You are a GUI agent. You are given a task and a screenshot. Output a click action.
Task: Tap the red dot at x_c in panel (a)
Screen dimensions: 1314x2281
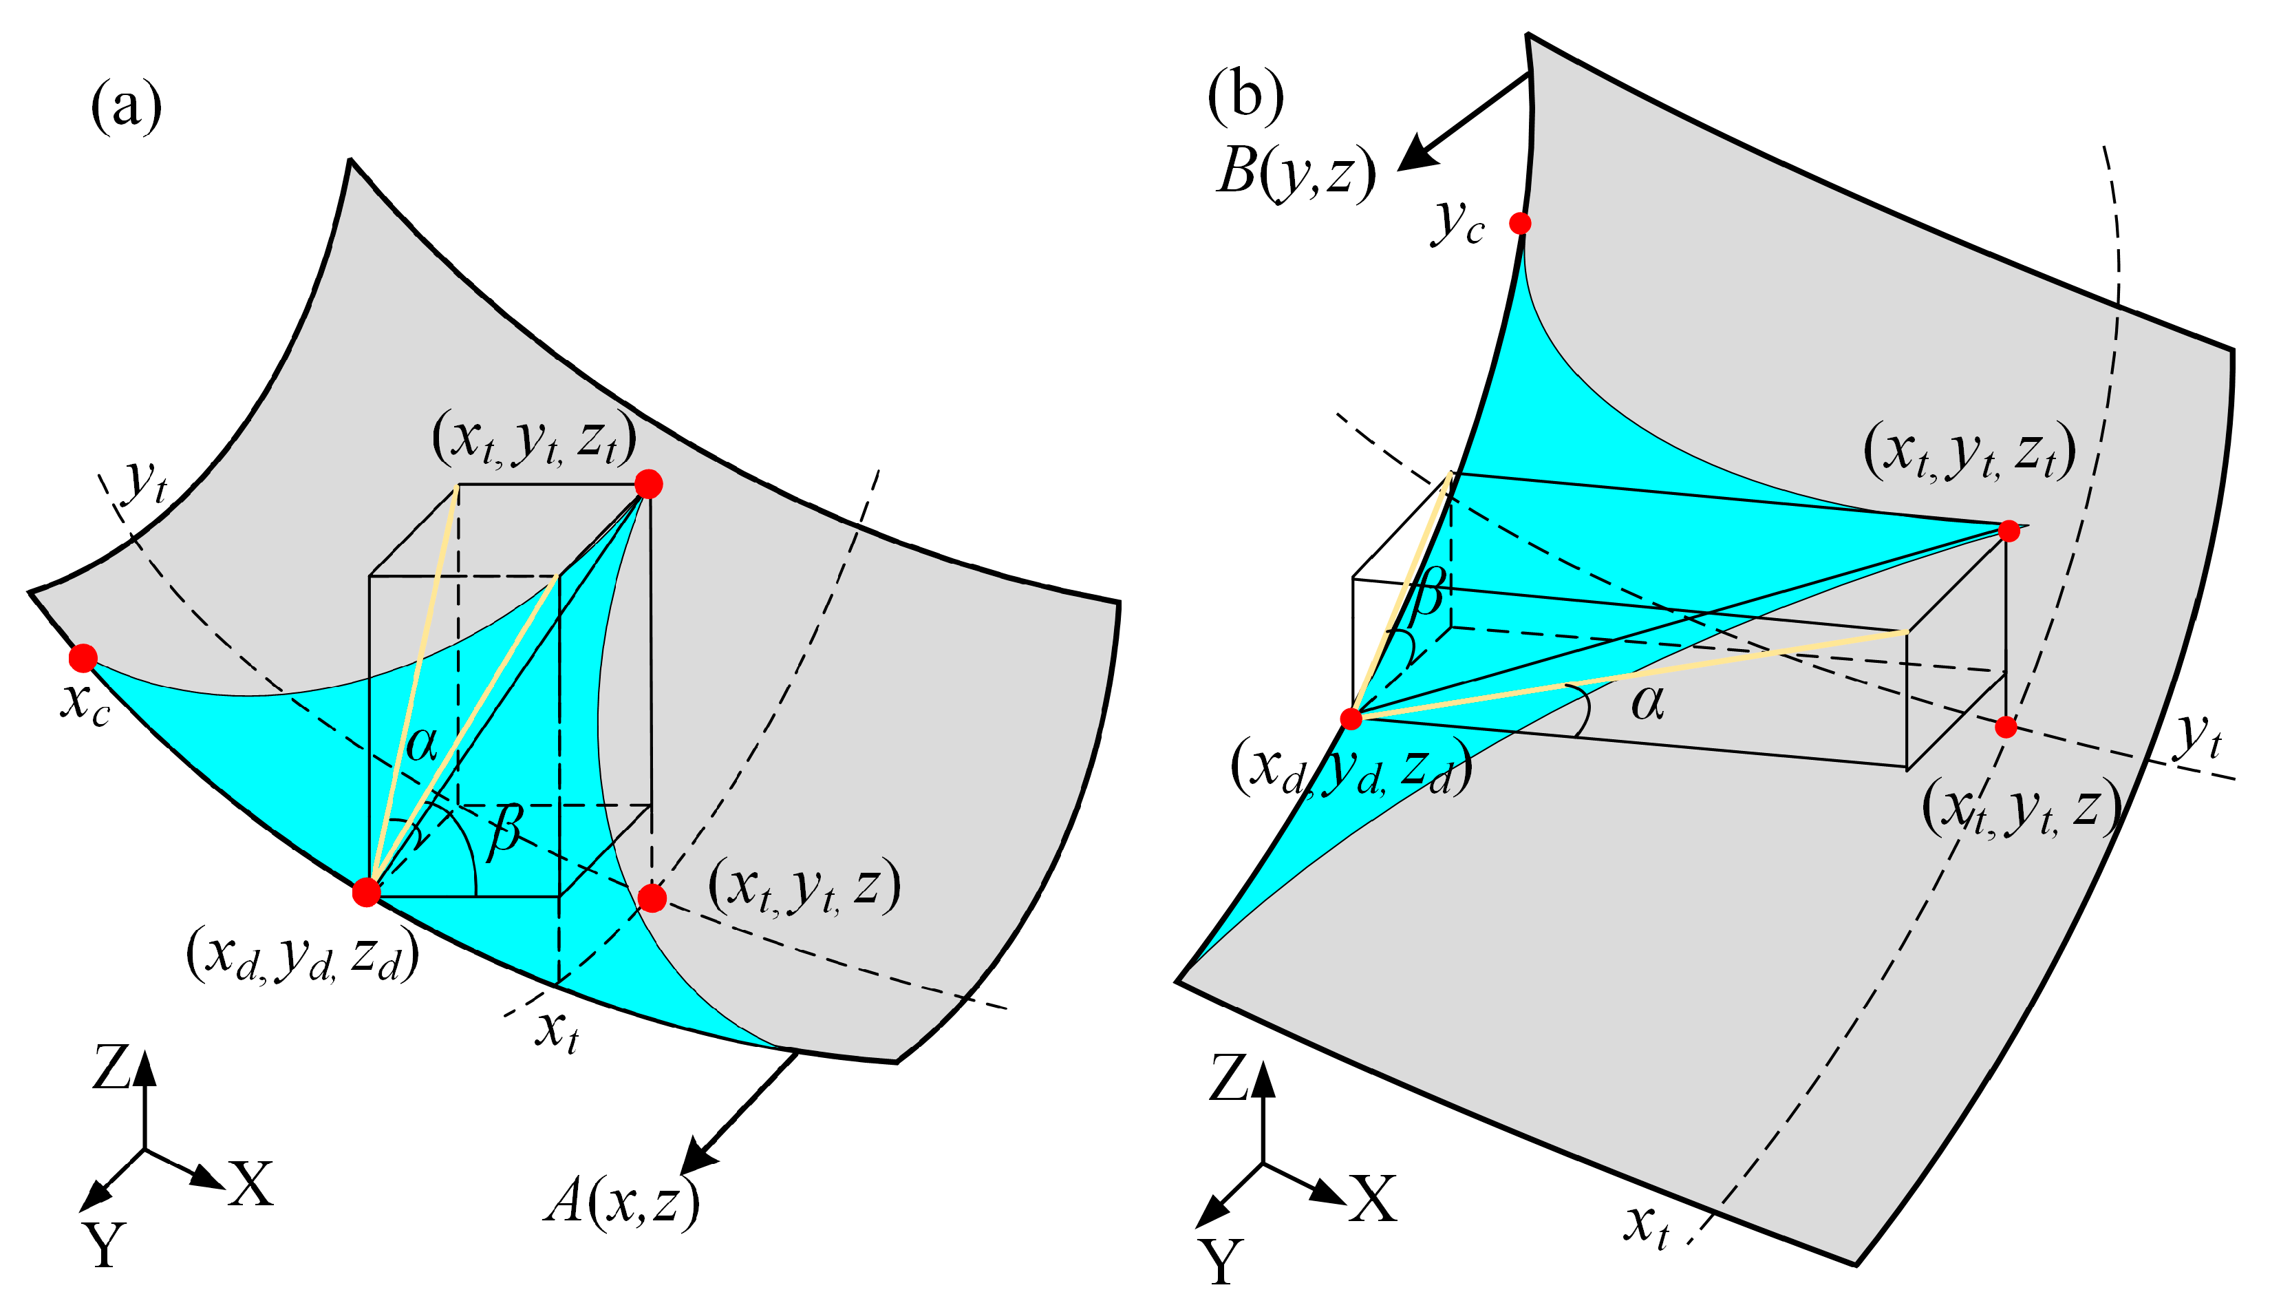[83, 658]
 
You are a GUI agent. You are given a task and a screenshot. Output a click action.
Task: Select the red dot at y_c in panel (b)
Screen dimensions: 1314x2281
[1520, 223]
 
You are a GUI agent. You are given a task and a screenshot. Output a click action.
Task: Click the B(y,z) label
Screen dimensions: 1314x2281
[1295, 171]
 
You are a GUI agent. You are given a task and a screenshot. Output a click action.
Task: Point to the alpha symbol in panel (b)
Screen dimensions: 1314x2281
[1647, 702]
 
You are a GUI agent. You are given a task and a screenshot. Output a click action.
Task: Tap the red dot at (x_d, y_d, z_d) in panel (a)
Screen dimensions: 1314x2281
[366, 891]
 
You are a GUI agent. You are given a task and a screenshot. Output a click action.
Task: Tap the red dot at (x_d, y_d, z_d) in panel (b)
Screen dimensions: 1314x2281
[1350, 719]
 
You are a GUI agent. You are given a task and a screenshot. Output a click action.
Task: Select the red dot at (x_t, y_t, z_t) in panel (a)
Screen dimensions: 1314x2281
[648, 484]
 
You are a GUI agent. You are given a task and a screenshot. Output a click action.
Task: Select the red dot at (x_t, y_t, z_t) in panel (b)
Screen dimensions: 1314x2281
[2008, 531]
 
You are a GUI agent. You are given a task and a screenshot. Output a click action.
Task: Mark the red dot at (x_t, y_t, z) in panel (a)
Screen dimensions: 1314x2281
[651, 898]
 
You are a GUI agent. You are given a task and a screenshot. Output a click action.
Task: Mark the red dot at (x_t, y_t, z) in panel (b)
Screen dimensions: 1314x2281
[2005, 726]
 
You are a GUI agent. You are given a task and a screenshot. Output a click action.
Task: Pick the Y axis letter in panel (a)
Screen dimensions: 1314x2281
[105, 1245]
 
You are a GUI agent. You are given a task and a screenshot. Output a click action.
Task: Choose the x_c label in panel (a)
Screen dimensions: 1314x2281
[86, 703]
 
